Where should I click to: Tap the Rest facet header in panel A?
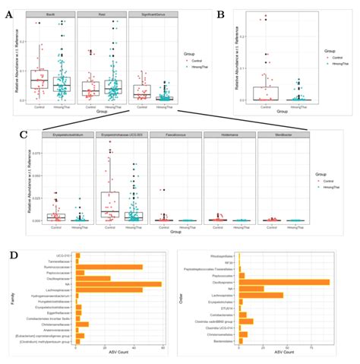click(102, 14)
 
